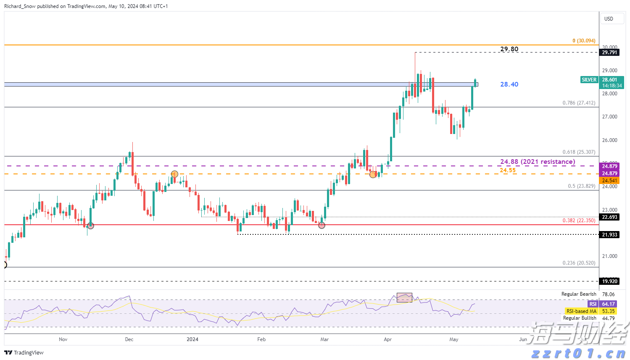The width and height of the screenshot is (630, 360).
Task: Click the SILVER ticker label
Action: click(589, 80)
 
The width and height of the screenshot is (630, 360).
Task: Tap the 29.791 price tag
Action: click(609, 53)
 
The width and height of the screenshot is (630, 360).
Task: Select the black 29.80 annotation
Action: click(509, 49)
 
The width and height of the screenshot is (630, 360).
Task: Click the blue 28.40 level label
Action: click(509, 84)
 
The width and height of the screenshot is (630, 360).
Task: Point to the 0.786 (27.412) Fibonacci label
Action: click(579, 103)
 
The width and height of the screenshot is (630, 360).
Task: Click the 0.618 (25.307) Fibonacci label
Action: click(579, 152)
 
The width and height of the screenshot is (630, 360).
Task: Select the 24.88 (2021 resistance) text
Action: click(537, 162)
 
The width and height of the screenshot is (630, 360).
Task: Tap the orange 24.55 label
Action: click(508, 170)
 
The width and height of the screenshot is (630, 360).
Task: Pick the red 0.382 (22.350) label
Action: click(579, 221)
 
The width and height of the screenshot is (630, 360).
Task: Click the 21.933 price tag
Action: click(609, 235)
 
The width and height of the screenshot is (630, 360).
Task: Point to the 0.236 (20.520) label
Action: click(579, 263)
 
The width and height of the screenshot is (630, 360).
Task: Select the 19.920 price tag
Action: click(609, 281)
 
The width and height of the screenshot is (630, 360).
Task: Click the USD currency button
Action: click(609, 19)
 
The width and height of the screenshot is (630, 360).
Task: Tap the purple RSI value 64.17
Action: click(608, 304)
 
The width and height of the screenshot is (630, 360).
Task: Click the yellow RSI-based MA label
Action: click(581, 311)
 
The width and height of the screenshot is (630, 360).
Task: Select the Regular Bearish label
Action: click(579, 294)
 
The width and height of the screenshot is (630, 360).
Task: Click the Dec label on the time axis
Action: click(129, 339)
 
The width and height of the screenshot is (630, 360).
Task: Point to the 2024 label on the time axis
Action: click(192, 339)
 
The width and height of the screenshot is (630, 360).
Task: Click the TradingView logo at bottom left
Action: click(24, 353)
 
